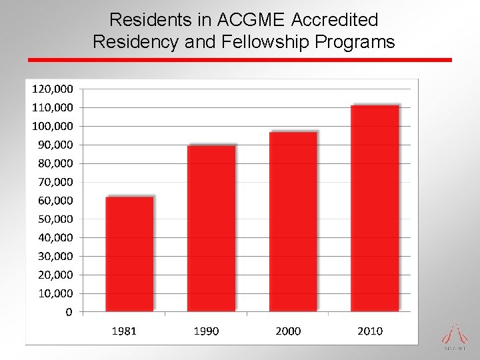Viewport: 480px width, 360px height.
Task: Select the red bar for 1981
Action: pyautogui.click(x=129, y=253)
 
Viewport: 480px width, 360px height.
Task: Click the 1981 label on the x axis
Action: pyautogui.click(x=124, y=331)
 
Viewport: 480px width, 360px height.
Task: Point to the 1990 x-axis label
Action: pyautogui.click(x=206, y=331)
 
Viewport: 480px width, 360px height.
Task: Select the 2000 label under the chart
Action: pyautogui.click(x=288, y=331)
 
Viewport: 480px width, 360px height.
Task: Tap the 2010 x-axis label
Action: pyautogui.click(x=370, y=331)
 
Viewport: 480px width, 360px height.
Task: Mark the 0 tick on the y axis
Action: pyautogui.click(x=69, y=312)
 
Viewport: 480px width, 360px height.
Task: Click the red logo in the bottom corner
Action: pyautogui.click(x=454, y=333)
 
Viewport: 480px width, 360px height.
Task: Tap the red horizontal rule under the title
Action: pyautogui.click(x=240, y=60)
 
